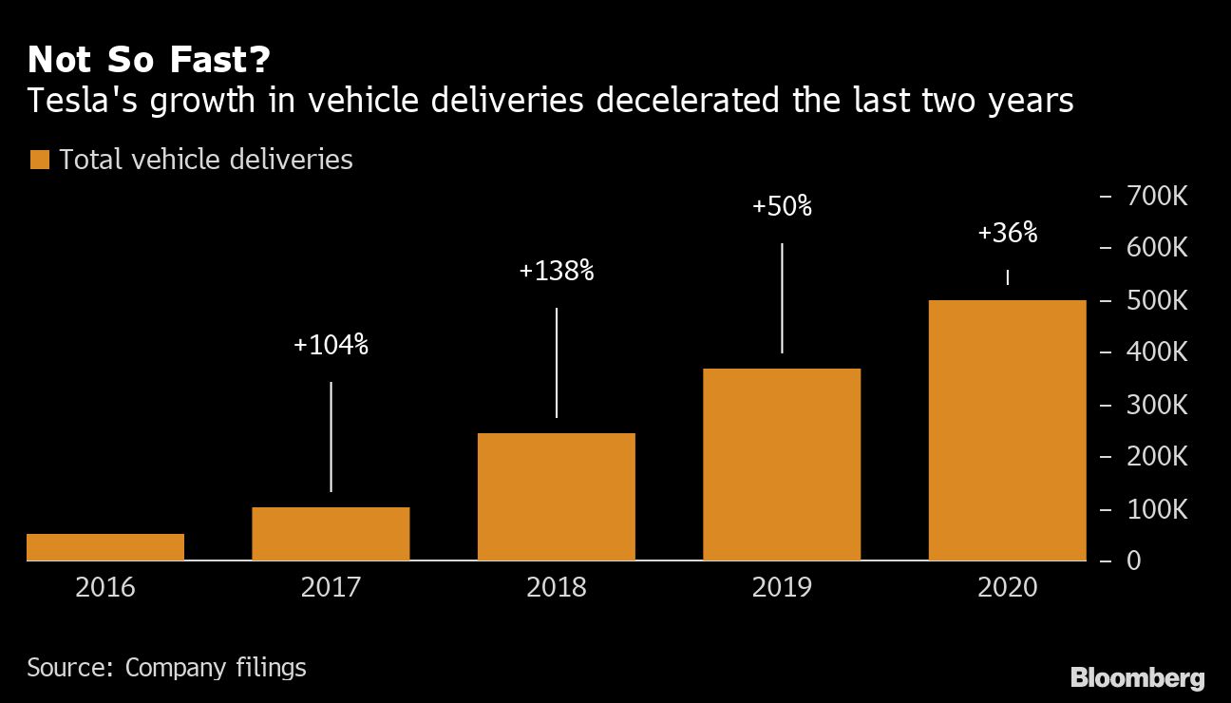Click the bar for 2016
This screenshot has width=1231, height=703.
click(104, 547)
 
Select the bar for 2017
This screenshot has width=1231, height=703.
click(331, 534)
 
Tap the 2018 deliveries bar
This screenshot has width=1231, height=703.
click(556, 497)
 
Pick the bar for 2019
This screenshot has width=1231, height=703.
click(782, 465)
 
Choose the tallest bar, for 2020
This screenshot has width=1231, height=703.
click(1007, 430)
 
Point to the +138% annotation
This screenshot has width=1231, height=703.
click(556, 272)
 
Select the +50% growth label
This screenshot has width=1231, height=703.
click(782, 207)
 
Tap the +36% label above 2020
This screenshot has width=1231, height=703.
click(1007, 234)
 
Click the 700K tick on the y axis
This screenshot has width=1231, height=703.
click(1155, 197)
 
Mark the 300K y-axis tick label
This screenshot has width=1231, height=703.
click(1155, 406)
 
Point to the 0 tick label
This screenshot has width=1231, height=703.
click(1133, 561)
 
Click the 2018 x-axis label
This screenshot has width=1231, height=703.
click(556, 587)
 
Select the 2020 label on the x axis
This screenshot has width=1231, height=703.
click(1007, 587)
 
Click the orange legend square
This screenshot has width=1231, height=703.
click(39, 160)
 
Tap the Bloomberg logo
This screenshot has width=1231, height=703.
click(1137, 678)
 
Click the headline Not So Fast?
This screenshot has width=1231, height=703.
click(148, 61)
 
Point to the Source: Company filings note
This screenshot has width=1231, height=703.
click(166, 668)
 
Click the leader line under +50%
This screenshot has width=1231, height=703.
click(782, 298)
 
